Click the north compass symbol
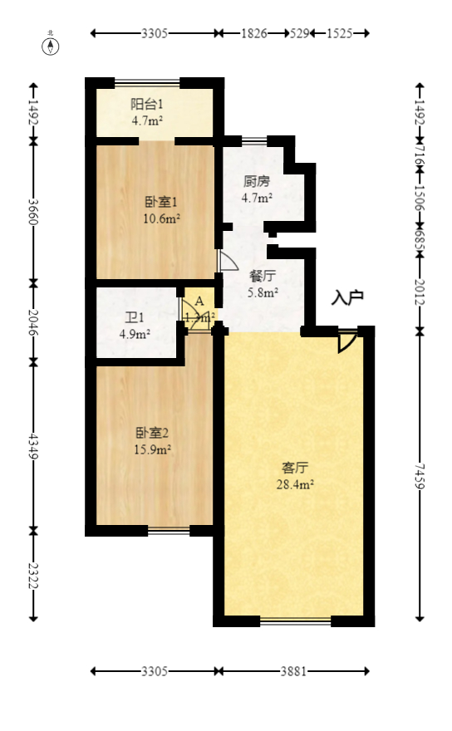51,45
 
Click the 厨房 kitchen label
257,181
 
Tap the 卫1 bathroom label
135,317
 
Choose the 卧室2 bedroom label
152,433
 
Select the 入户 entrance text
347,297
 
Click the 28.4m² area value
295,485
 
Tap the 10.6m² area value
162,219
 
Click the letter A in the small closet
199,301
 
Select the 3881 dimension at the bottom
292,671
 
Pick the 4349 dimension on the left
33,446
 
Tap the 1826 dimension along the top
253,33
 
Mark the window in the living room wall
295,621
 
